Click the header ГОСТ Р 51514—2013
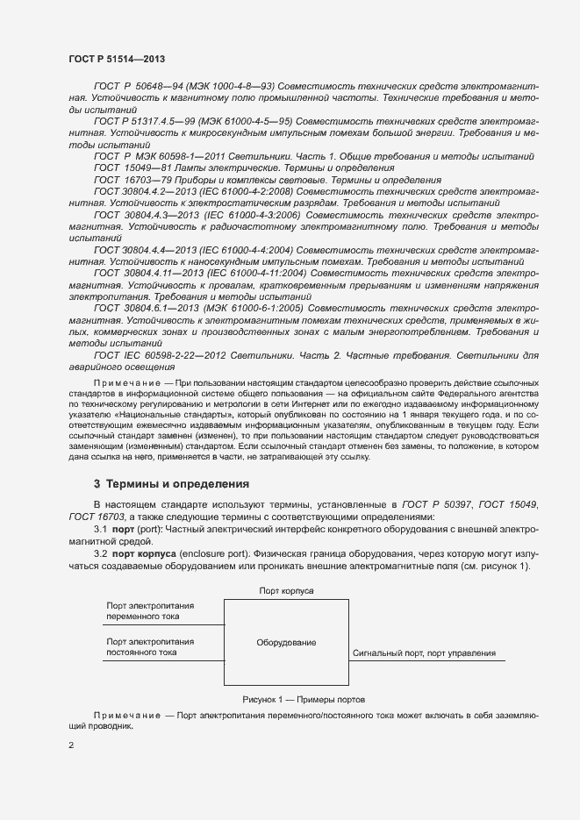pyautogui.click(x=118, y=57)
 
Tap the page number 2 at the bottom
pyautogui.click(x=71, y=745)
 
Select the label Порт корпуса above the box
pyautogui.click(x=286, y=592)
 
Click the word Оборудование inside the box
pyautogui.click(x=286, y=643)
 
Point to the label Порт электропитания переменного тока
pyautogui.click(x=150, y=611)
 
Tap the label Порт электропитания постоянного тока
pyautogui.click(x=150, y=647)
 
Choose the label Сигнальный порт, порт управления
pyautogui.click(x=424, y=653)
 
